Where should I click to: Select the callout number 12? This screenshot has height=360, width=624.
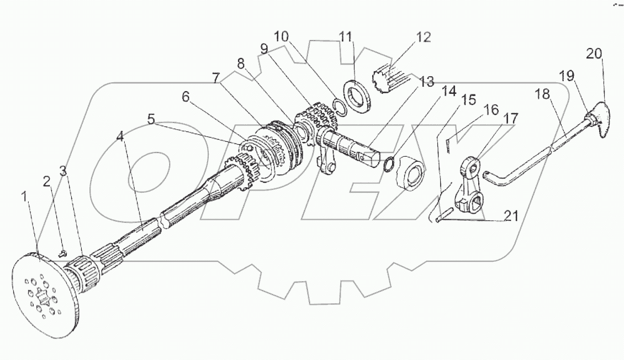pos(424,38)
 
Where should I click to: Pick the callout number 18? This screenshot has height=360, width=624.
pos(542,94)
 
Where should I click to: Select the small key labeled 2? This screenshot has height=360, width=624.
pos(62,253)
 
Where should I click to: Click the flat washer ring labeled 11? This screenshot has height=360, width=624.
pos(358,97)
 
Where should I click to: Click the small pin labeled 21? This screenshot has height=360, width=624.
pos(443,215)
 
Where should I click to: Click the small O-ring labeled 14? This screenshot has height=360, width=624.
pos(389,164)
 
